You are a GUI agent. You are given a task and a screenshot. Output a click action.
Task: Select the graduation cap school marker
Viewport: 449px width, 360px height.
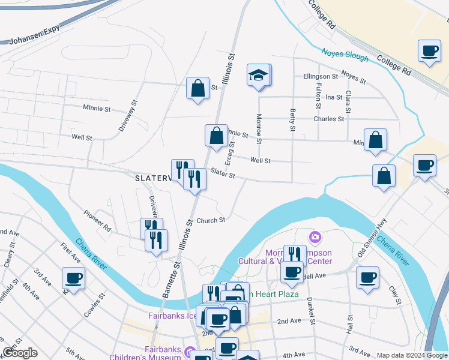259,76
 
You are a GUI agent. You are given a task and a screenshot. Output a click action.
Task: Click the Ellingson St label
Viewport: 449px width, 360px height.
321,77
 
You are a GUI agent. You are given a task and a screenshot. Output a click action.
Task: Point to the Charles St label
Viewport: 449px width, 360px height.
329,119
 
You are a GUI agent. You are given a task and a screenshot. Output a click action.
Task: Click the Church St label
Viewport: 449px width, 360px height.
210,220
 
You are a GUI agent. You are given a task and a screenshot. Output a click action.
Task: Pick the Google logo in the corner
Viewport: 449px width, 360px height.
19,353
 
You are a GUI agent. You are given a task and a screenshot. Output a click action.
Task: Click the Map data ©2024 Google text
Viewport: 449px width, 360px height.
412,355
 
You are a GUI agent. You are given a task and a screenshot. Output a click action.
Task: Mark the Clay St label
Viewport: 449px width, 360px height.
394,293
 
